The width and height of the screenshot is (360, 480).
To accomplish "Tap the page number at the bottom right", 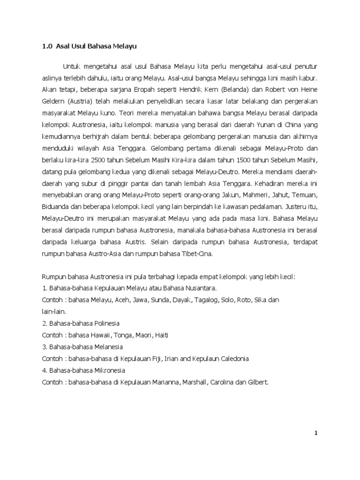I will pos(316,433).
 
